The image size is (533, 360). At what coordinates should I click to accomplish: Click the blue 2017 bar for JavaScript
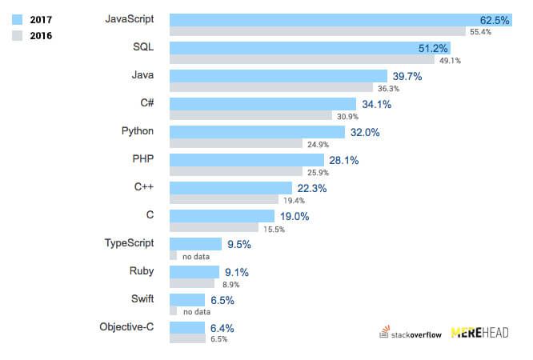pyautogui.click(x=320, y=20)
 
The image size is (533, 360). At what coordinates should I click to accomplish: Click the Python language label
pyautogui.click(x=137, y=130)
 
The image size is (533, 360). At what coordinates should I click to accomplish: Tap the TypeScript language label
pyautogui.click(x=129, y=242)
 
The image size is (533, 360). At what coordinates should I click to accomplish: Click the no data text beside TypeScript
pyautogui.click(x=196, y=256)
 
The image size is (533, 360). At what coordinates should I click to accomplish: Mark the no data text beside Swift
pyautogui.click(x=196, y=312)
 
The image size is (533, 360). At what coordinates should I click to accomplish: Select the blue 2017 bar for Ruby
pyautogui.click(x=194, y=272)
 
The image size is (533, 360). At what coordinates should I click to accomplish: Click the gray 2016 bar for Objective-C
pyautogui.click(x=187, y=338)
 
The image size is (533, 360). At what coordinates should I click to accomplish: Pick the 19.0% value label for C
pyautogui.click(x=293, y=216)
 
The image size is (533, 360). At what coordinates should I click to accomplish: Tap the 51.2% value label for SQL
pyautogui.click(x=433, y=48)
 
